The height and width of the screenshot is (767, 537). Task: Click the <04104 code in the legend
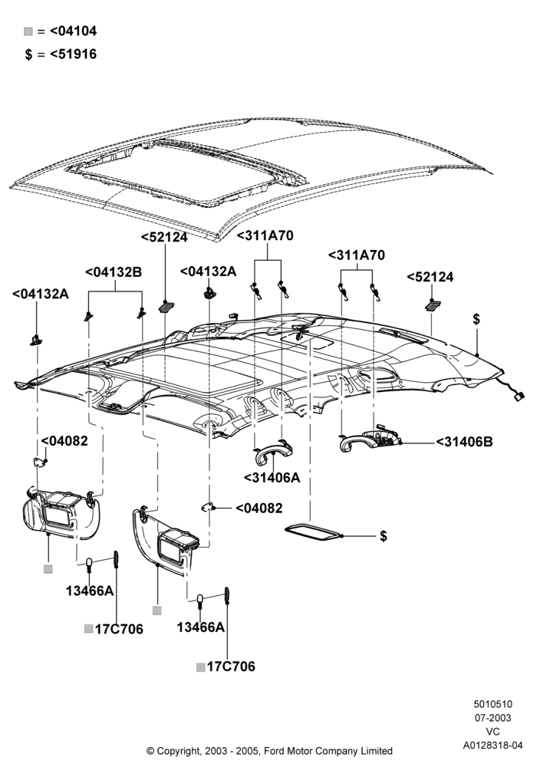74,31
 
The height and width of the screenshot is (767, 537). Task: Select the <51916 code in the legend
74,54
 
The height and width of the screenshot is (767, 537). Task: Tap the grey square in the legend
28,31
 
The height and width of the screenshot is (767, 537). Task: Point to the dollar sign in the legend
28,54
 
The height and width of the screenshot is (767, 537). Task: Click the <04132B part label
114,272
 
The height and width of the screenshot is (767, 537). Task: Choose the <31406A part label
272,477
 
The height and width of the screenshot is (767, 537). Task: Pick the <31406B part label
465,442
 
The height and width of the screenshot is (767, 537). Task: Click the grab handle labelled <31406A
272,453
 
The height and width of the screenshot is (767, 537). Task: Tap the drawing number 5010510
493,704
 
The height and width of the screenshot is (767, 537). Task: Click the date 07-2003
493,718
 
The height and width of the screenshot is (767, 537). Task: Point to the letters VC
493,731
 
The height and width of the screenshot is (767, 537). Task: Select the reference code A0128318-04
493,745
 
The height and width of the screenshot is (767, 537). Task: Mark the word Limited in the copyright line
375,750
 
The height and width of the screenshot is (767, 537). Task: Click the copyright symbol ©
150,750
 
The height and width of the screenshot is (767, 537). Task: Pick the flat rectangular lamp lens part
312,532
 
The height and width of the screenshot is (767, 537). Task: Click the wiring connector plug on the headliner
518,397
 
